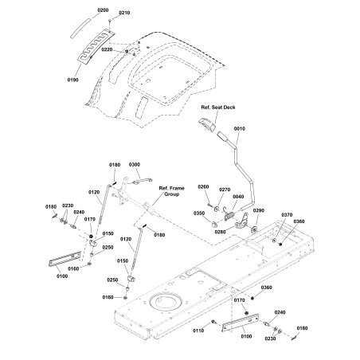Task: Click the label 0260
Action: tap(202, 186)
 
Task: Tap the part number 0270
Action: tap(225, 190)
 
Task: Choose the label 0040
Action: tap(237, 197)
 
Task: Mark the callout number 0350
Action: tap(198, 213)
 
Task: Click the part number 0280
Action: tap(220, 231)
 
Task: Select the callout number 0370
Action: tap(287, 214)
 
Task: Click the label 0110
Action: tap(198, 330)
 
